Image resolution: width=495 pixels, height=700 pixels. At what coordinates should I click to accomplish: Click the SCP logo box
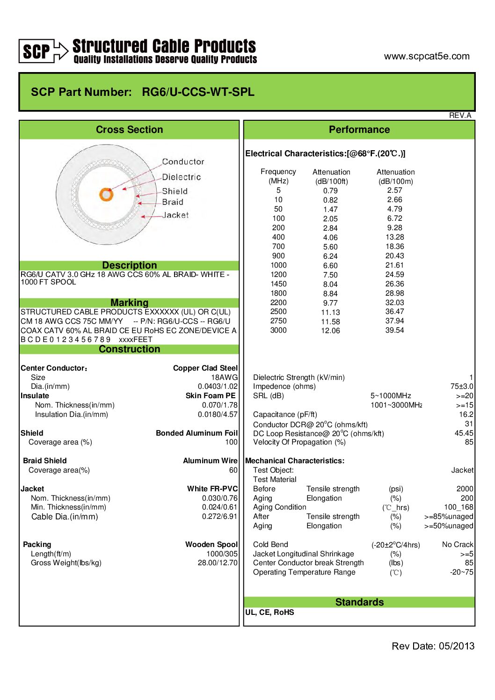tap(36, 51)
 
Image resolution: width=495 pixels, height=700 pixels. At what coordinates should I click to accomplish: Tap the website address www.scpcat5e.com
tap(426, 56)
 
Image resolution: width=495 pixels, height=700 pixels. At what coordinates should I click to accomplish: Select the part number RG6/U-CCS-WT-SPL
tap(198, 92)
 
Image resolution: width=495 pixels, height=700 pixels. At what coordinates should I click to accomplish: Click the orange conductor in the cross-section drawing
tap(107, 194)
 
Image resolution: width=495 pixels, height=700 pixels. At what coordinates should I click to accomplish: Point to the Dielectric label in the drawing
tap(181, 177)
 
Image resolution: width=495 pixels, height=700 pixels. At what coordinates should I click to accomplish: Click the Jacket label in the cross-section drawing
tap(175, 215)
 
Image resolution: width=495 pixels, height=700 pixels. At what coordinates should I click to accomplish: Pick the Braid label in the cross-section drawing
tap(173, 202)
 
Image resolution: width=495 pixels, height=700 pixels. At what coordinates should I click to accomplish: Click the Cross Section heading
tap(129, 130)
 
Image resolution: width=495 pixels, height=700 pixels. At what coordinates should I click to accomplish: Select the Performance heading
tap(359, 130)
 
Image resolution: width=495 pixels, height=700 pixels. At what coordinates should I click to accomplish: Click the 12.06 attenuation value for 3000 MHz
tap(330, 331)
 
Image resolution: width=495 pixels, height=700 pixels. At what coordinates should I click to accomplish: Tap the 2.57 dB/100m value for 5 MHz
tap(394, 190)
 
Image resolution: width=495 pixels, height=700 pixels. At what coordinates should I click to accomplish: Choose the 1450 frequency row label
tap(278, 284)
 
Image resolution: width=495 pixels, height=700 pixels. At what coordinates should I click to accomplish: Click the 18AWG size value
tap(224, 377)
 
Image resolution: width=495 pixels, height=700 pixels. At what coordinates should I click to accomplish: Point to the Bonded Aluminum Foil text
tap(197, 433)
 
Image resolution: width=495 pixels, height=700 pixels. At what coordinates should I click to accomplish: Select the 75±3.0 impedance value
tap(461, 386)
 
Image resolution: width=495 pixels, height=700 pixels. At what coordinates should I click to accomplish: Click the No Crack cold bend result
tap(457, 545)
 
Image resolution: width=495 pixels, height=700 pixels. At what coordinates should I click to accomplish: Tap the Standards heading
tap(359, 602)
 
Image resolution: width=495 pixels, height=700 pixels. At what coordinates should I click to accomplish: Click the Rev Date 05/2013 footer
tap(433, 646)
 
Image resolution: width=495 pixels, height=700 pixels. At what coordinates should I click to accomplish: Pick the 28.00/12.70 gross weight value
tap(218, 563)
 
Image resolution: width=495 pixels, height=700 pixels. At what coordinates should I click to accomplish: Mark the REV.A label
tap(460, 116)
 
